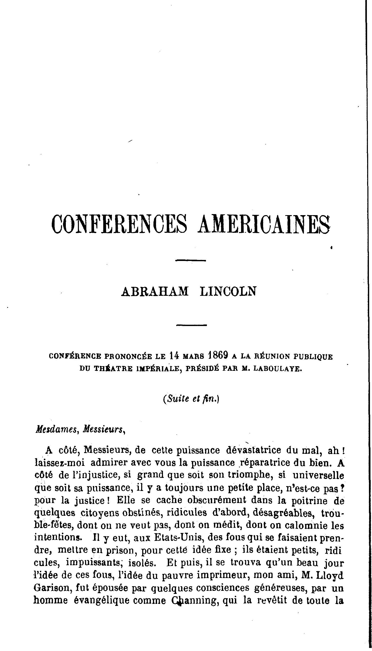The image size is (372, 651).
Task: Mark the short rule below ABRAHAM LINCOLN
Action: pos(192,325)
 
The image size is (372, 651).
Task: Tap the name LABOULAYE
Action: pos(279,369)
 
